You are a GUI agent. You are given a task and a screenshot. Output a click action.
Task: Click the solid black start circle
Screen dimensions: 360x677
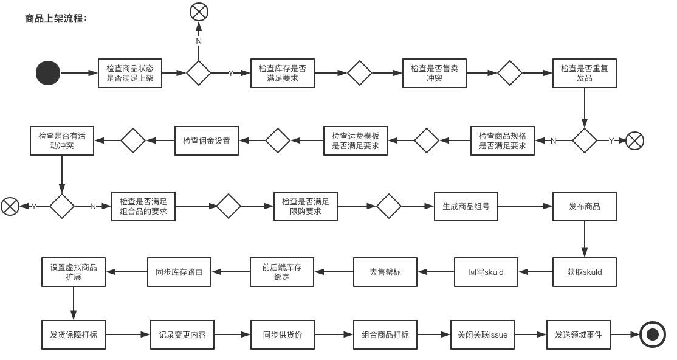pos(48,73)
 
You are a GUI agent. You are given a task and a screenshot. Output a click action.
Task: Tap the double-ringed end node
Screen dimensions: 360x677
pos(652,334)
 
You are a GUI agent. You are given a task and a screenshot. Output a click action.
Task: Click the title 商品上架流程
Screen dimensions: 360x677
pos(56,18)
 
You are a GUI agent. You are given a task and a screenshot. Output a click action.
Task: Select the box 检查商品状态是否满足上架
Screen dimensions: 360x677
pos(130,73)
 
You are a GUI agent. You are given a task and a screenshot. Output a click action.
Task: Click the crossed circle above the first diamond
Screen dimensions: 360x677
pos(199,12)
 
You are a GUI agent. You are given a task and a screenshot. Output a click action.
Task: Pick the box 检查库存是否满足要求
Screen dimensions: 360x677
pos(283,73)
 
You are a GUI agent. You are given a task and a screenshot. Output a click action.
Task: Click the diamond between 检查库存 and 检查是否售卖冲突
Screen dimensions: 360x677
pos(359,73)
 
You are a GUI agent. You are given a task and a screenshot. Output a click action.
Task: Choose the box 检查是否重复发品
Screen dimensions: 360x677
pos(584,73)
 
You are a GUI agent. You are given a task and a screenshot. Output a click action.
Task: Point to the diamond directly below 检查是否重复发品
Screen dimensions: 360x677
pos(584,140)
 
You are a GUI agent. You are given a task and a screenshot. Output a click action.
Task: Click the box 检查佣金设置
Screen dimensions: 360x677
pos(207,140)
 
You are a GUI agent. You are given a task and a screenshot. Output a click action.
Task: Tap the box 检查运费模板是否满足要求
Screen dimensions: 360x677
pos(356,140)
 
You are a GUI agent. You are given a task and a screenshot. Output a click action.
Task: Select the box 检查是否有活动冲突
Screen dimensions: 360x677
pos(62,140)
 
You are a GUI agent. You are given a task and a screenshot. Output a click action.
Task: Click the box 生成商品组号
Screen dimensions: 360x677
pos(466,206)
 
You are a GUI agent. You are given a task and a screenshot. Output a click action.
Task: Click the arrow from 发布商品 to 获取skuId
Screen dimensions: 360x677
pos(584,239)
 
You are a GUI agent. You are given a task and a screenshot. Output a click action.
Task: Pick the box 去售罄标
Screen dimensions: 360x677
pos(385,272)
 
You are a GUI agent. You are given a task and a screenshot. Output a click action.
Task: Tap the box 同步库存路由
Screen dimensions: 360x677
pos(179,272)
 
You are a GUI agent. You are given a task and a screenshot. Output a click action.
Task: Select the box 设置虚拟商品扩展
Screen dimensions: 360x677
pos(74,272)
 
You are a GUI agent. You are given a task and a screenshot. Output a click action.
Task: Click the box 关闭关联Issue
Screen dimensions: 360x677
pos(483,334)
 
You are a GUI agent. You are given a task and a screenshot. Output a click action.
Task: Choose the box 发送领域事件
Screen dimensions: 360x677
pos(579,334)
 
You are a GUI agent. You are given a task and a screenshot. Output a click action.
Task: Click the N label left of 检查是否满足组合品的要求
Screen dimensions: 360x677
pos(93,207)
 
